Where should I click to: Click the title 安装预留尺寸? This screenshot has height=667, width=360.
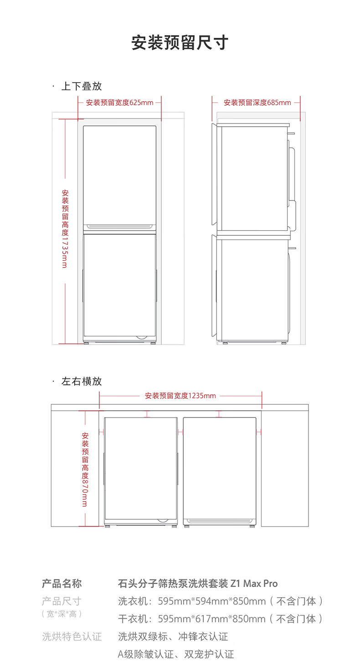point(180,42)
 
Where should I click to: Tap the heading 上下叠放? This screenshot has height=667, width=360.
point(82,86)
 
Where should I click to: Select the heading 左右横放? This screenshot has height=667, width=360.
point(82,381)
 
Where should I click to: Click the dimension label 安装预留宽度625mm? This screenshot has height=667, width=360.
point(120,103)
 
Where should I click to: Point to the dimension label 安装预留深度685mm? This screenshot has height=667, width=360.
point(257,103)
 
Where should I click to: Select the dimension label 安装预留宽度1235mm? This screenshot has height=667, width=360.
point(180,396)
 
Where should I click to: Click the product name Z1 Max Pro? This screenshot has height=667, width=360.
point(254,584)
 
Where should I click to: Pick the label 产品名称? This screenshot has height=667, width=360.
point(62,584)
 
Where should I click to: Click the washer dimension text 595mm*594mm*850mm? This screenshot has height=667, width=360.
point(212,601)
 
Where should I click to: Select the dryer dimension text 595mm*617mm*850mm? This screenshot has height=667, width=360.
point(212,619)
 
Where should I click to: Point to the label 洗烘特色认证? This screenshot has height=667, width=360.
point(72,636)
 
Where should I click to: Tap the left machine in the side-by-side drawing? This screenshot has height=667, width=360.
point(141,470)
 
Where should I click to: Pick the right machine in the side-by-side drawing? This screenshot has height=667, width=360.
point(219,470)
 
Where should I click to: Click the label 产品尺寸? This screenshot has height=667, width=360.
point(62,601)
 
